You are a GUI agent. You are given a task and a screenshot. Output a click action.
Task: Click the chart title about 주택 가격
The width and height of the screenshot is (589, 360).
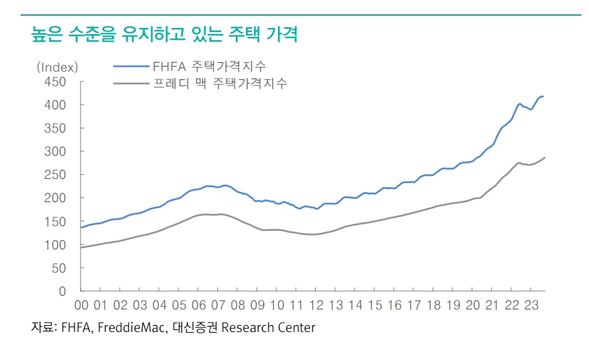165,34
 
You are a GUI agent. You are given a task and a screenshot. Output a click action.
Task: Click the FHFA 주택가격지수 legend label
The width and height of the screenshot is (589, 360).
209,67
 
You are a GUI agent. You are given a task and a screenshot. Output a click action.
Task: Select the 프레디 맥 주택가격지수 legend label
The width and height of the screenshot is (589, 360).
219,84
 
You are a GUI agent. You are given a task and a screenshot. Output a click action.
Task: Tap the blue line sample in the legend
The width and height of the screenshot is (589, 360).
129,67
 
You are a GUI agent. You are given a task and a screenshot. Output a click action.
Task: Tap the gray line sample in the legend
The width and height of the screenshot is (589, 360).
129,84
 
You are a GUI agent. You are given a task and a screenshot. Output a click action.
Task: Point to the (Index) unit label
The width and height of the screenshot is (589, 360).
57,67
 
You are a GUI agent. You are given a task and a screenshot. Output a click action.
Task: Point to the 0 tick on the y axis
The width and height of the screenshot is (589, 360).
62,292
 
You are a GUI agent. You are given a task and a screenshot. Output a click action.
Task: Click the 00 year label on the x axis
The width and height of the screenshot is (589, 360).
81,305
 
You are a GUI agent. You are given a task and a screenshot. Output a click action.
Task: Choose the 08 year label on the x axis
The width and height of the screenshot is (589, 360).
238,305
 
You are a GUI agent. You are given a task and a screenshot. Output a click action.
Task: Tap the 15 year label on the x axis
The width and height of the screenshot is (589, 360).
375,305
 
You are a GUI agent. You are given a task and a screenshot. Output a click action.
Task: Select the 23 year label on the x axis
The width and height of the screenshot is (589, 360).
532,305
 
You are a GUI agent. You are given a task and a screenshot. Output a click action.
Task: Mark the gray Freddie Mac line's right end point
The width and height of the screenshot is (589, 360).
545,158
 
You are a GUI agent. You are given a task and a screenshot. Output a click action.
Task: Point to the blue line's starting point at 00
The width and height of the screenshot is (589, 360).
81,227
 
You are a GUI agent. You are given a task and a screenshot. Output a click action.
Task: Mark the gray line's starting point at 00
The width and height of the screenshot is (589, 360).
81,247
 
